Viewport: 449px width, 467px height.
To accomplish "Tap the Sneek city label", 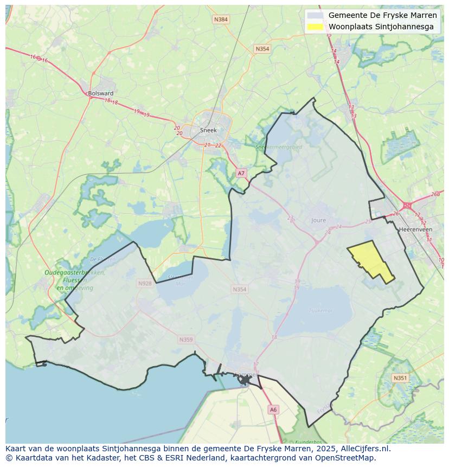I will coord(208,130).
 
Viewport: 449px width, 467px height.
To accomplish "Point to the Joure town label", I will coord(319,220).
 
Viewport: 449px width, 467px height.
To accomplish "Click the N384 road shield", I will coord(221,20).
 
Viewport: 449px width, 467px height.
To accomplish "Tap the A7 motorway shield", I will coord(241,173).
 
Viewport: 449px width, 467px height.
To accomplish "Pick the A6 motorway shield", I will coord(273,410).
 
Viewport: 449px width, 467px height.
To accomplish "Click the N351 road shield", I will coord(400,378).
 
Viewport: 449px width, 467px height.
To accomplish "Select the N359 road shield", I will coord(185,340).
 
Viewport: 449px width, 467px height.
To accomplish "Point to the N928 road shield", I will coord(145,283).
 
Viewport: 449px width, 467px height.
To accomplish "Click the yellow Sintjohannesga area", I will coord(371,259).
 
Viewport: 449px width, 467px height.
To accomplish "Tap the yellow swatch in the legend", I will coord(315,27).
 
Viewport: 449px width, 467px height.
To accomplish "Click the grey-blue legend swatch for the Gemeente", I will coord(315,15).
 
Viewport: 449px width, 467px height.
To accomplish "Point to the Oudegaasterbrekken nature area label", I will coord(75,273).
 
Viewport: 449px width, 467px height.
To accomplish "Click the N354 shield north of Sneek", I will coord(262,49).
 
